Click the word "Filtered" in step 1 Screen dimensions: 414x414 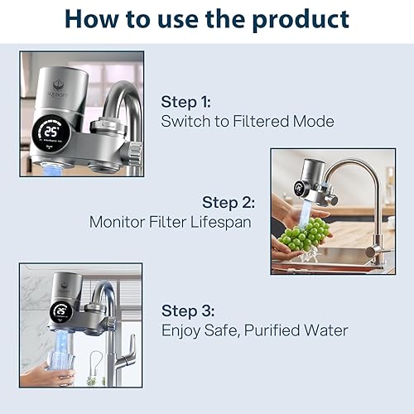pos(249,122)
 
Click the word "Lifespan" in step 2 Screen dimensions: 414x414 pos(221,222)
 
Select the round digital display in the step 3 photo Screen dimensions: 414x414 pos(61,311)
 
